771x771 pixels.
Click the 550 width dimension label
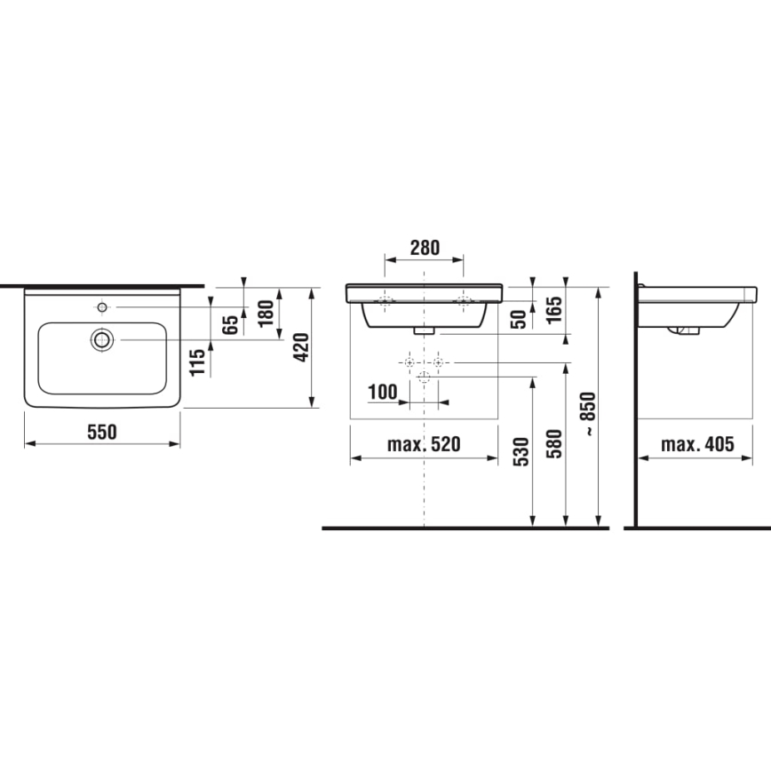102,432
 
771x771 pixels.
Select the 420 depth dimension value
300,347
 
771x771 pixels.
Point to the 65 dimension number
232,323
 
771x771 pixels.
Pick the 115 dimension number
198,361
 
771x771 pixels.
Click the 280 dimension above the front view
424,248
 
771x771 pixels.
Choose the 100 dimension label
384,391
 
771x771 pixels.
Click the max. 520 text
424,444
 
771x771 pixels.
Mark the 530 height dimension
521,451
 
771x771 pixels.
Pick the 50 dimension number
520,320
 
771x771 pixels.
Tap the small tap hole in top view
103,307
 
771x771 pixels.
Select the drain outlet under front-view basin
424,330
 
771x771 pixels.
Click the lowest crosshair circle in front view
424,378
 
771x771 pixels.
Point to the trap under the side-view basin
685,330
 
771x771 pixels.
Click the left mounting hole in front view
385,301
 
